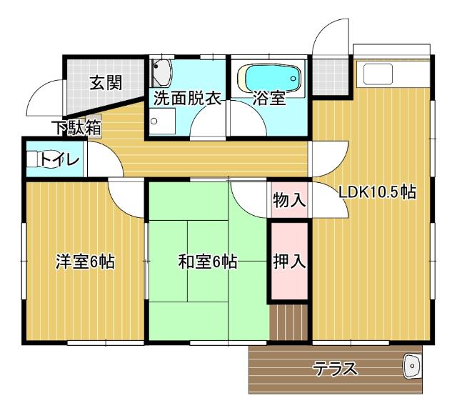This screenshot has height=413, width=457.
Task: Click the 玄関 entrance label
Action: [106, 82]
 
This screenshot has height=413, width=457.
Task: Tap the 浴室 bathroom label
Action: [270, 99]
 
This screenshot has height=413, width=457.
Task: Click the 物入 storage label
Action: [289, 200]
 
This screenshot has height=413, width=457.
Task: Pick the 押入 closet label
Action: [289, 261]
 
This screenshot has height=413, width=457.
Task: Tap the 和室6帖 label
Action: [208, 262]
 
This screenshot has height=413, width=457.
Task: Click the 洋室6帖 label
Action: [86, 262]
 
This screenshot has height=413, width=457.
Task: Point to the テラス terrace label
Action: [335, 369]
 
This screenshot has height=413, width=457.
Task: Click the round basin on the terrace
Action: [412, 367]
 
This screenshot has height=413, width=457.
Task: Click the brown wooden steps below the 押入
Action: [288, 322]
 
